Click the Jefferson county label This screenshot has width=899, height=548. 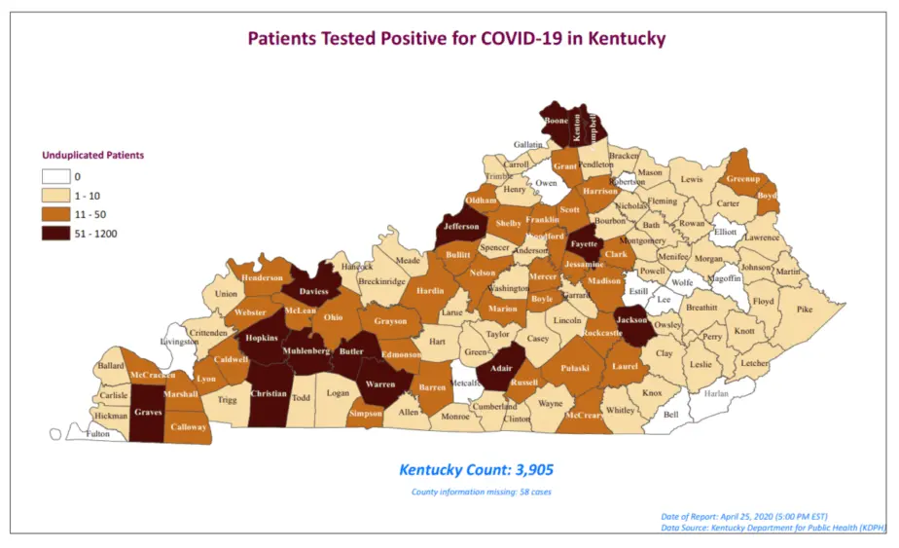[461, 227]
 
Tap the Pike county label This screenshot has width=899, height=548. [804, 310]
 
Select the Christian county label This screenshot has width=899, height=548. [269, 393]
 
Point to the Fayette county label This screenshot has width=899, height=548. [584, 243]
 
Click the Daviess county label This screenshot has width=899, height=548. [312, 291]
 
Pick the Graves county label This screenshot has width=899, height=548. [148, 411]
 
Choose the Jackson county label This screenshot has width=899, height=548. [632, 318]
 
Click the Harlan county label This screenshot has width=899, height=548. [716, 393]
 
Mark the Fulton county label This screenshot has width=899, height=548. [98, 434]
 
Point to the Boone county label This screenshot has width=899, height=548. [557, 121]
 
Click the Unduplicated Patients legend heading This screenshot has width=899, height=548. [92, 155]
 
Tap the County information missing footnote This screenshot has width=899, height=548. [482, 493]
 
